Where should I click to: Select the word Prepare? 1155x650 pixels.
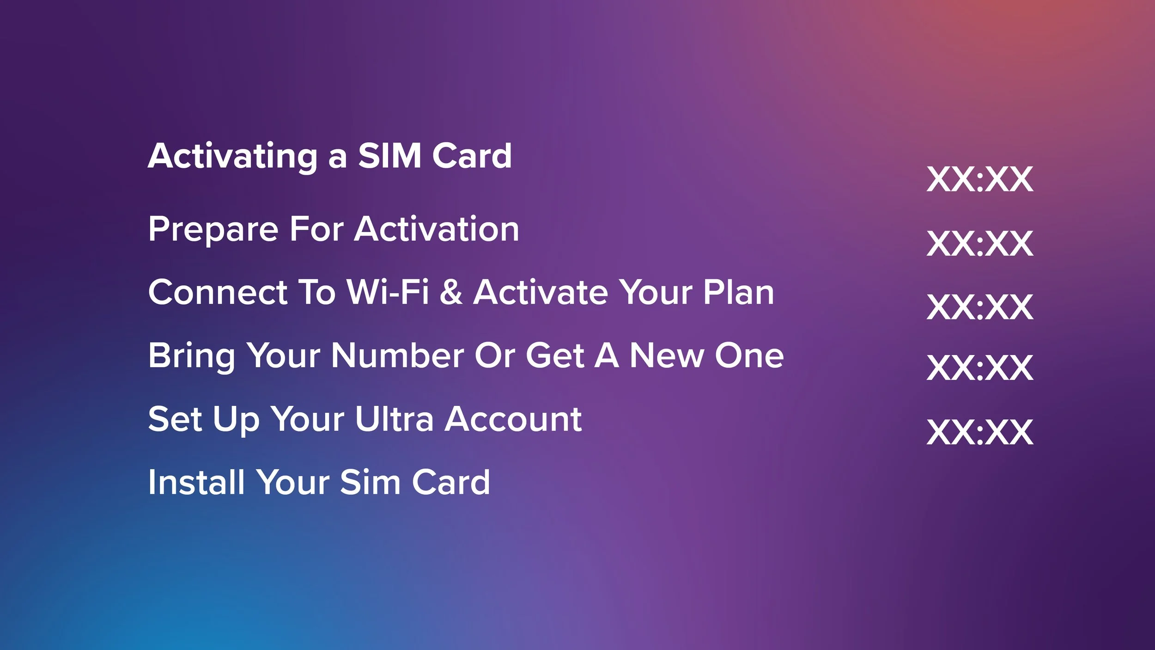[x=213, y=229]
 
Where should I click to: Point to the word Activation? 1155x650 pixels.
[x=437, y=229]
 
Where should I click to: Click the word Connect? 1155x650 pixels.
[x=218, y=292]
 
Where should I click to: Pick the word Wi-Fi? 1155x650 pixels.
[x=388, y=292]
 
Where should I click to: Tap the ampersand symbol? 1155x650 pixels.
[x=451, y=292]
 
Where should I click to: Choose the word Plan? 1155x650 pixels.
[x=738, y=292]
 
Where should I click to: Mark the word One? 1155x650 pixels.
[x=749, y=356]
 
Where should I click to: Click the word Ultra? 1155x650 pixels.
[x=394, y=419]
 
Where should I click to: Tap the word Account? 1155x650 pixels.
[x=513, y=419]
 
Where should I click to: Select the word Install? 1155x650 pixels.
[x=196, y=482]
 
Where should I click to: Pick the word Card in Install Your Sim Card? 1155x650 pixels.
[x=450, y=482]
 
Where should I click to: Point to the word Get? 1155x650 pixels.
[x=555, y=356]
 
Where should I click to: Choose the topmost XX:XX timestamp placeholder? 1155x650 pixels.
[x=979, y=179]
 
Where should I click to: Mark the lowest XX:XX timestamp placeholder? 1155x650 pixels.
[x=979, y=432]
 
